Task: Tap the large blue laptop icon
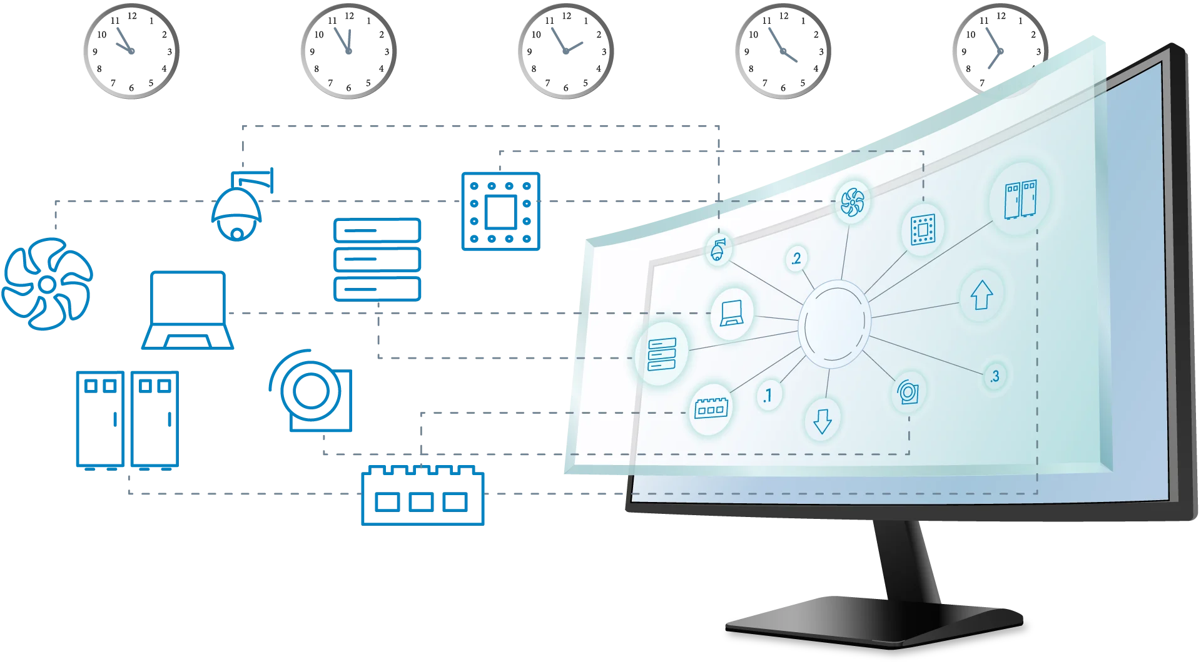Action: click(x=188, y=310)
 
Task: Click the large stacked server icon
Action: click(x=378, y=259)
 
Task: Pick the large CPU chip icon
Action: click(x=500, y=212)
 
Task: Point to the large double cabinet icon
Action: click(x=128, y=420)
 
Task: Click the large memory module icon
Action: click(x=423, y=494)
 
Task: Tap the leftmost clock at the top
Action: click(x=129, y=49)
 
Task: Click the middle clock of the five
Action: click(x=565, y=49)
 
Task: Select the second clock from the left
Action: click(x=348, y=49)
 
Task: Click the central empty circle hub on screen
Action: click(x=834, y=323)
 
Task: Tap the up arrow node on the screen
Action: click(x=981, y=295)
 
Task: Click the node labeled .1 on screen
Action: click(x=768, y=396)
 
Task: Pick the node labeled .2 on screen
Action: click(x=796, y=259)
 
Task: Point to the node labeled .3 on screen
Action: click(x=994, y=376)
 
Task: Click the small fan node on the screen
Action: click(x=852, y=203)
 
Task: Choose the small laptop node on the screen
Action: click(x=731, y=312)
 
